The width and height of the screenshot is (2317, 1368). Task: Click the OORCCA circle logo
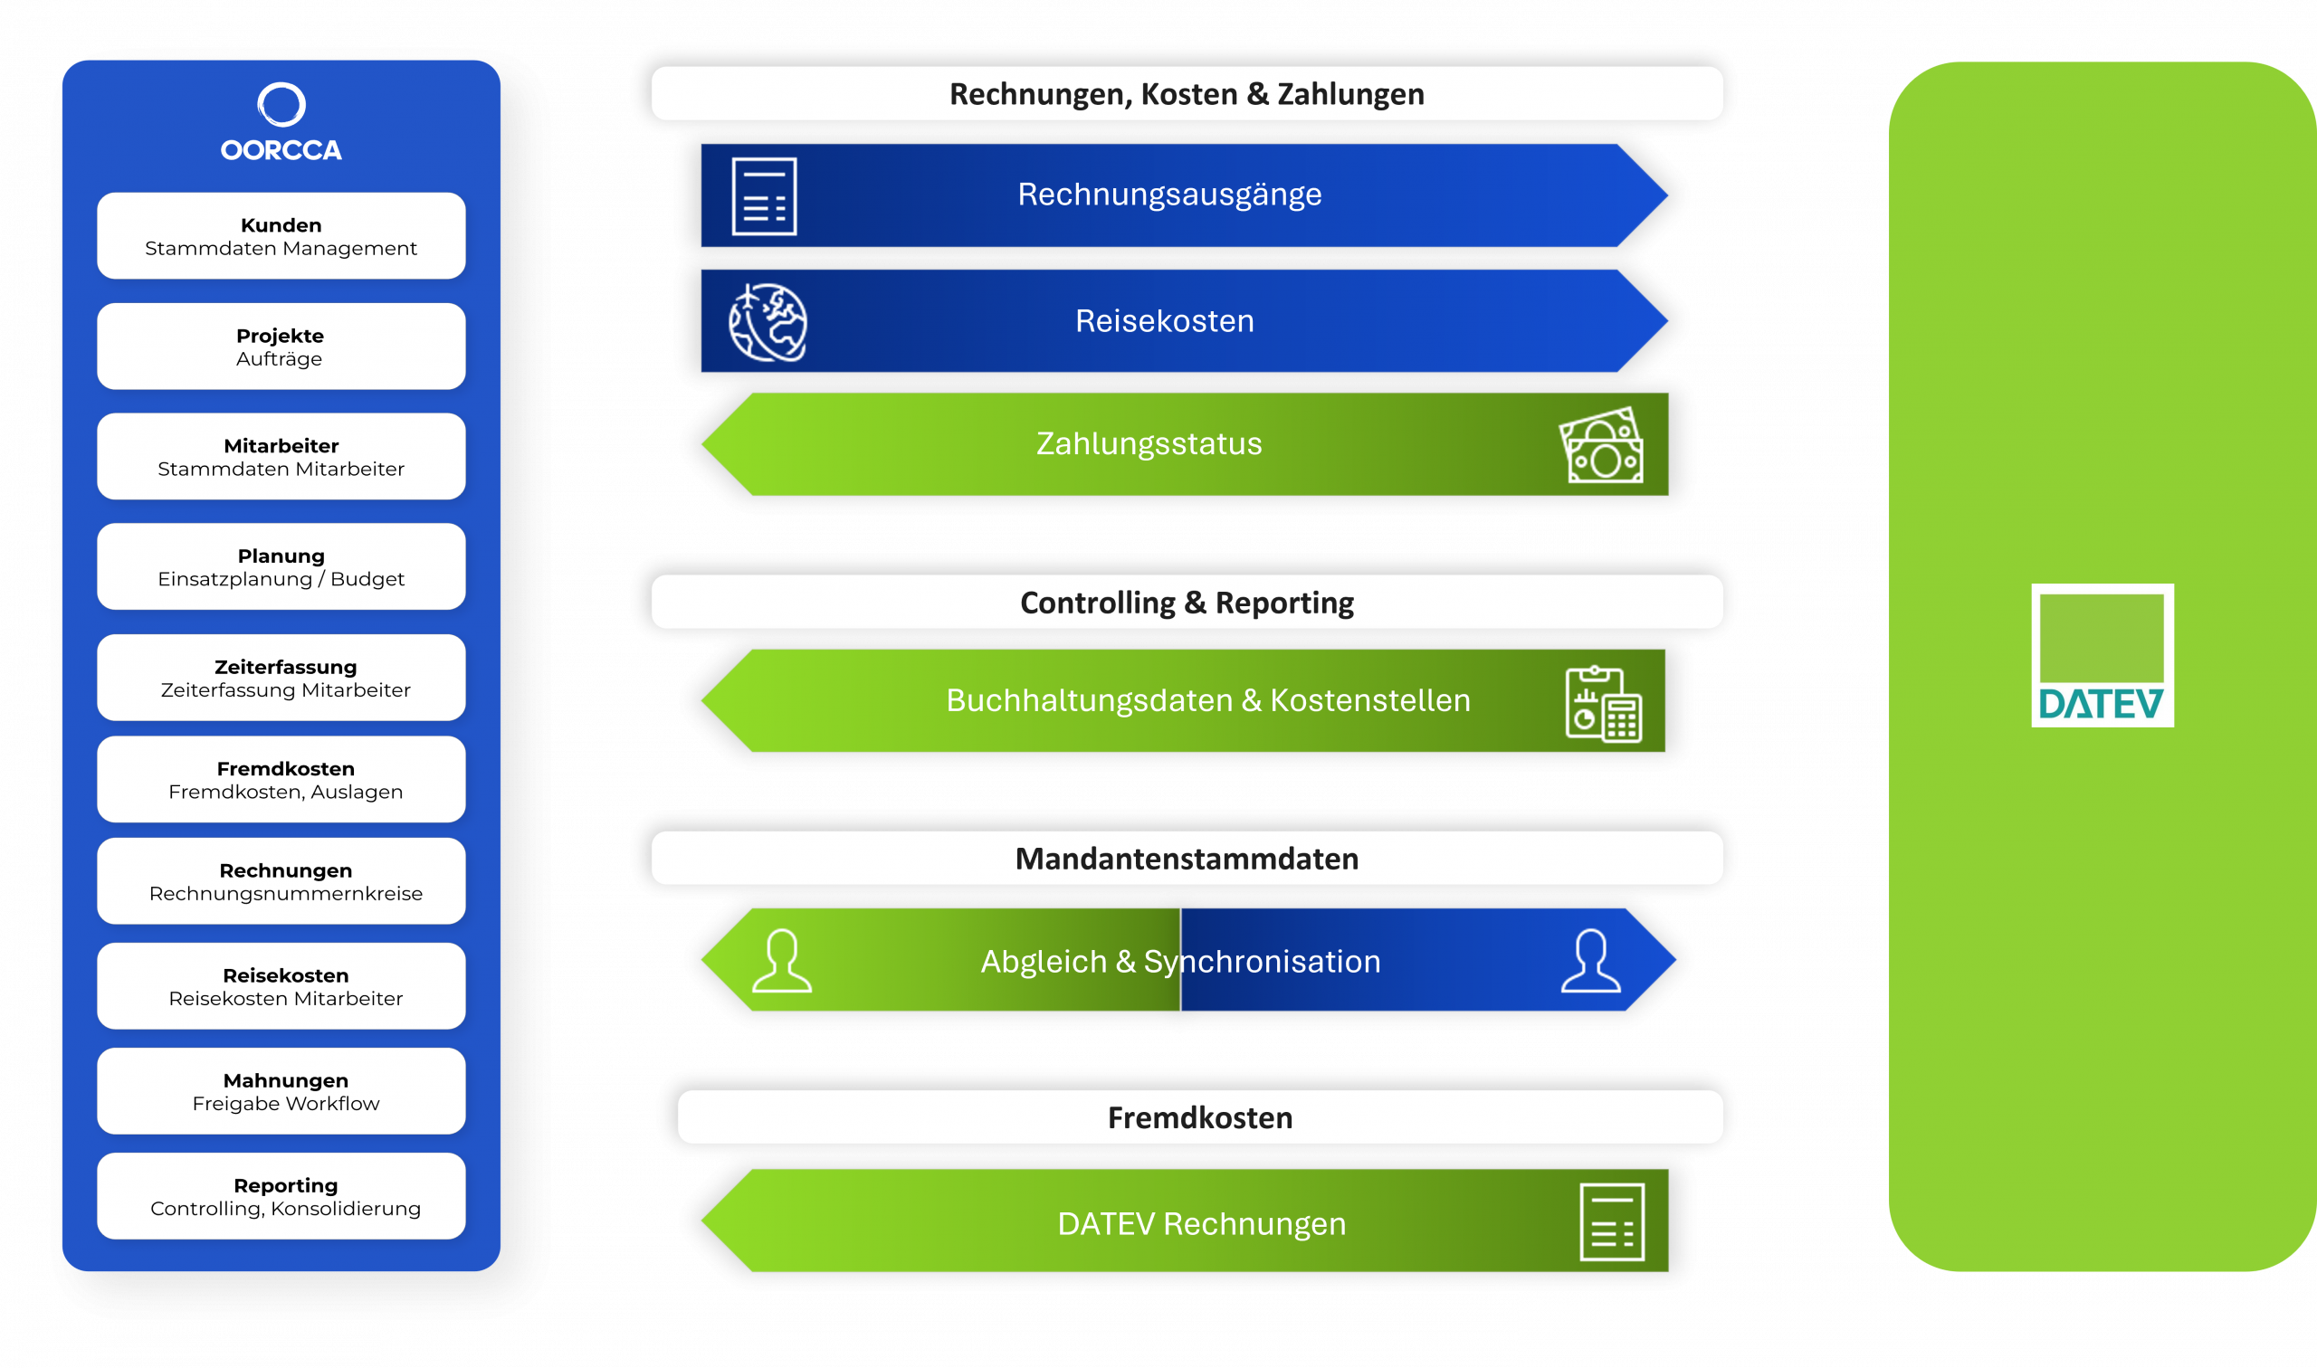(281, 105)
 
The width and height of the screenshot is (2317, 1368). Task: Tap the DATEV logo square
(2102, 654)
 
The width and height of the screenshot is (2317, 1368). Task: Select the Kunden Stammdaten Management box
(281, 236)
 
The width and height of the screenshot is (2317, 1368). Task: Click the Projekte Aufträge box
(281, 347)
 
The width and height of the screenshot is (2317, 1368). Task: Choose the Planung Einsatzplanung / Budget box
(281, 567)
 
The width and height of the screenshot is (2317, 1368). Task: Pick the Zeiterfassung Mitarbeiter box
(281, 678)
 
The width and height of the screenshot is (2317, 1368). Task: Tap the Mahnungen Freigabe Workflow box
(281, 1091)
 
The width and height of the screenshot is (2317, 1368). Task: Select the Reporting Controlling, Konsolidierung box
(281, 1196)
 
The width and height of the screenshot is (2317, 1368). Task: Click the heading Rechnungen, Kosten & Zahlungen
(1187, 94)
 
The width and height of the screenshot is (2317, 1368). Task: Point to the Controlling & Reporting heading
(1187, 603)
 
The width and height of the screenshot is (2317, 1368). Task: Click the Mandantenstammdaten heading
(1187, 860)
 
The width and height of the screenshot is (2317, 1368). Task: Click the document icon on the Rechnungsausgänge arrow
(765, 196)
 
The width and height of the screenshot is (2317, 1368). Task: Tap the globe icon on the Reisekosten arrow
(768, 323)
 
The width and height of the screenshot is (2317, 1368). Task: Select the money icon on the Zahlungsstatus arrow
(1601, 445)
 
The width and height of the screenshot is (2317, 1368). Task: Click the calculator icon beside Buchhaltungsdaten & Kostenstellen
(1604, 704)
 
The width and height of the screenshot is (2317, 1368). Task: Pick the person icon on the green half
(782, 961)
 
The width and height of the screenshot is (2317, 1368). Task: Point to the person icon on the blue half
(1590, 961)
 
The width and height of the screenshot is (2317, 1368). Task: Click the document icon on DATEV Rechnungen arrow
(1612, 1222)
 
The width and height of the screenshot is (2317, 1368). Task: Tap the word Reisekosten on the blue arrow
(1165, 322)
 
